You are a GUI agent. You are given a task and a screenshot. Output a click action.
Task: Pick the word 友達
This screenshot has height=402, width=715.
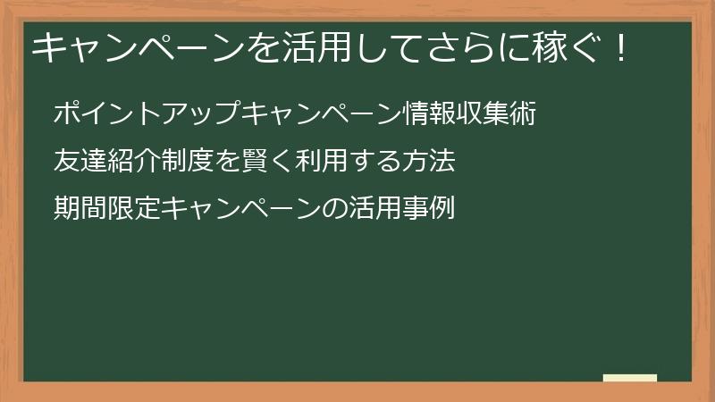click(x=79, y=162)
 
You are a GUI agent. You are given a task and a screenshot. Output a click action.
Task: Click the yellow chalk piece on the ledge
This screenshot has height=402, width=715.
click(x=630, y=378)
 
